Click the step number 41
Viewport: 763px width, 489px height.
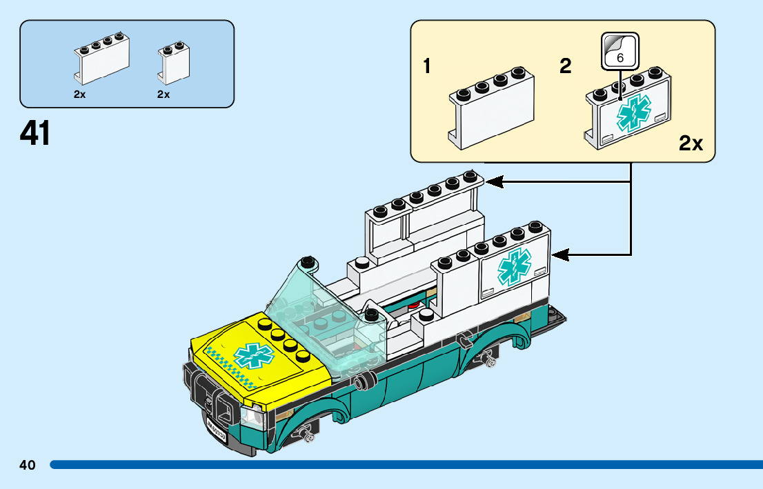35,133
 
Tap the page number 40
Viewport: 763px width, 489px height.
27,465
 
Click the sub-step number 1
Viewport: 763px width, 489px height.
427,67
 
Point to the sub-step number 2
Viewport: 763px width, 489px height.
566,67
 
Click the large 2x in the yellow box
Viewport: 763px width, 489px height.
690,143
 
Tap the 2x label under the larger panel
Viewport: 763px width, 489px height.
80,94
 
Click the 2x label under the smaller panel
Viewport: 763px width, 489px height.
163,94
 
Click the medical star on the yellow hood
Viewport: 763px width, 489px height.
253,356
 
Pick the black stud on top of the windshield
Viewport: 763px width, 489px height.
308,261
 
